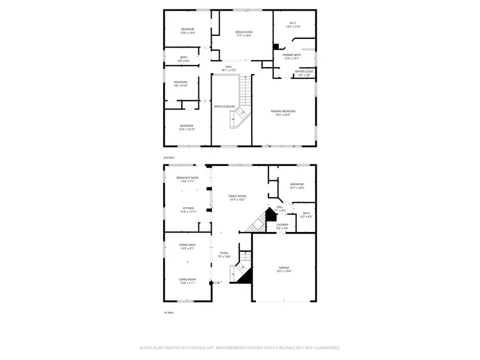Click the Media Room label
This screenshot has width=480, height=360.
click(244, 32)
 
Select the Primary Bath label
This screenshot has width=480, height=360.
click(292, 54)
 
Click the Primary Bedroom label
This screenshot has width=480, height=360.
click(283, 111)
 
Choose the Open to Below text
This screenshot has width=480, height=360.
click(225, 107)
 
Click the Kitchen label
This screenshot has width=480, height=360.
click(188, 208)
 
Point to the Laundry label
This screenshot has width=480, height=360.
click(283, 225)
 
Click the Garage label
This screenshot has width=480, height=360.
click(284, 268)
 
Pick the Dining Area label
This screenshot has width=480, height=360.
click(187, 244)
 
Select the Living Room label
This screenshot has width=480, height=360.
click(187, 279)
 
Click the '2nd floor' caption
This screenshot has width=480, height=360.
click(169, 157)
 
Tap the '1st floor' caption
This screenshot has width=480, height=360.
click(169, 313)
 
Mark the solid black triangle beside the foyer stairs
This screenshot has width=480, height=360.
click(246, 276)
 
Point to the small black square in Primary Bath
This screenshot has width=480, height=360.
click(276, 46)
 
